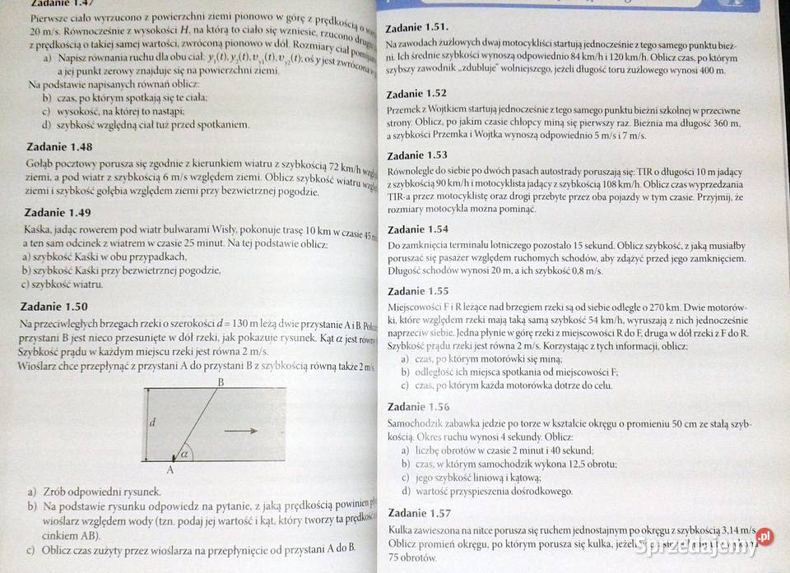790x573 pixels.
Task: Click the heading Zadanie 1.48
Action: [x=59, y=146]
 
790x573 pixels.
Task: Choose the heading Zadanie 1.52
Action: [x=417, y=94]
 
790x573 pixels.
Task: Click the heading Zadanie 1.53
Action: [x=417, y=155]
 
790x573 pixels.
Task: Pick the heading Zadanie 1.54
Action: [x=417, y=229]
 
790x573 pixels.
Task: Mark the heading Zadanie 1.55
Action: [x=417, y=291]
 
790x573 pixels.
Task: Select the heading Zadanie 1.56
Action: [x=417, y=407]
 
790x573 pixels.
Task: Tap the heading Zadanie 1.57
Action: [x=417, y=513]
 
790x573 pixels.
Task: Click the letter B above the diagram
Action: [x=221, y=382]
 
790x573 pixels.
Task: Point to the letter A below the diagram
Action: [x=170, y=470]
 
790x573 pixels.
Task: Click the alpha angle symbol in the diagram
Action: [x=184, y=453]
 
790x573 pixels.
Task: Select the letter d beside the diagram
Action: [x=152, y=423]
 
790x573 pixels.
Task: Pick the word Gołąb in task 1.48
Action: [x=42, y=164]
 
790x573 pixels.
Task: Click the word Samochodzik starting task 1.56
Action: [x=416, y=424]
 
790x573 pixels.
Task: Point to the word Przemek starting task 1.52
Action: [x=404, y=111]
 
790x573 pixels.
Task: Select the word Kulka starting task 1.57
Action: [x=400, y=530]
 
